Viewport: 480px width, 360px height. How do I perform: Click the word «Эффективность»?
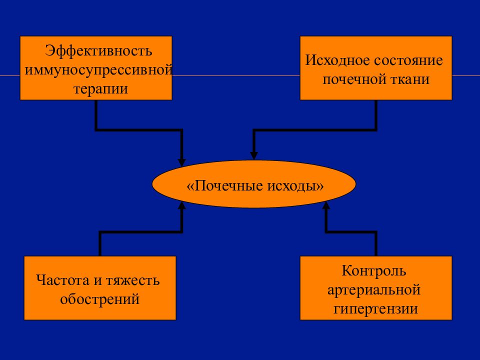[98, 51]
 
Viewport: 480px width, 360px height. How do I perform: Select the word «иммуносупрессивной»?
[98, 69]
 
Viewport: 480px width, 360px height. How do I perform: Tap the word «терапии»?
[100, 89]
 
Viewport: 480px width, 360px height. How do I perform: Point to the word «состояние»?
[408, 60]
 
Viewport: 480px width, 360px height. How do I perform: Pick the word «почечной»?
[354, 79]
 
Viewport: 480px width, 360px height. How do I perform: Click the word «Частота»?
[63, 280]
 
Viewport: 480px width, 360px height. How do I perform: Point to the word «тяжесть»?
[133, 280]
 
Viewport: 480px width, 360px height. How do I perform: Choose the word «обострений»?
[100, 299]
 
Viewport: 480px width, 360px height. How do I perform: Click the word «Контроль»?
[374, 270]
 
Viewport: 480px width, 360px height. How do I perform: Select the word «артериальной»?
[374, 289]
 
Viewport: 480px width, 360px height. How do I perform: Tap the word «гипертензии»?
[375, 308]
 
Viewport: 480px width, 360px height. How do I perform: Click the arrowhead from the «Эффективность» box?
[182, 162]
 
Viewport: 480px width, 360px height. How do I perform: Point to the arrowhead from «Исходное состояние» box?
[254, 156]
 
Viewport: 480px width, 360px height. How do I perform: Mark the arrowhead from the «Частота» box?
[182, 205]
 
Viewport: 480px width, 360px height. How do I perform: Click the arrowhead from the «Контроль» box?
[326, 205]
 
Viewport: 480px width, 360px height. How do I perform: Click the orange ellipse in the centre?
[254, 184]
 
